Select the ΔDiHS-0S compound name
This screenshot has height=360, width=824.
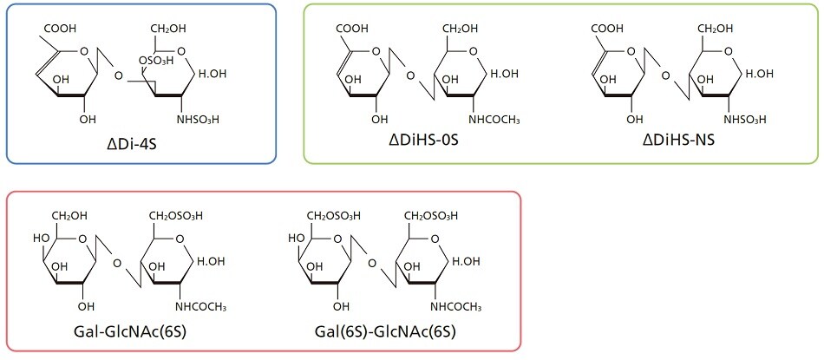point(423,141)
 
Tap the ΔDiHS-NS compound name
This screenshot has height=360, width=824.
point(679,141)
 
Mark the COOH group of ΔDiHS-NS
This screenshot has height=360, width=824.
point(607,28)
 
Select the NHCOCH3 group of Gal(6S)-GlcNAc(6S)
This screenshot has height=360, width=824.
point(455,306)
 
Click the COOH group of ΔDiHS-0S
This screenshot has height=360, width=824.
point(351,28)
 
